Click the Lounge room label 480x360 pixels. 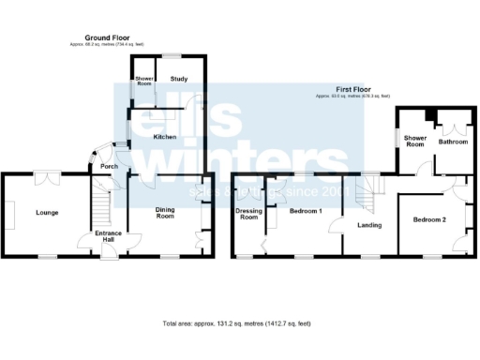click(47, 213)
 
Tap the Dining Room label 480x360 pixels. click(165, 213)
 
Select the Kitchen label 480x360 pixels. click(165, 137)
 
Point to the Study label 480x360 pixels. click(179, 81)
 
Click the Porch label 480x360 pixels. click(107, 168)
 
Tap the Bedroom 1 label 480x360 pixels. click(306, 212)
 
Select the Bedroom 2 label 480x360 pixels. click(429, 219)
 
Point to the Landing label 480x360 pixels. click(369, 225)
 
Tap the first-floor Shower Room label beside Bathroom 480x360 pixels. click(415, 142)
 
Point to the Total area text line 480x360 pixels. click(236, 323)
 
